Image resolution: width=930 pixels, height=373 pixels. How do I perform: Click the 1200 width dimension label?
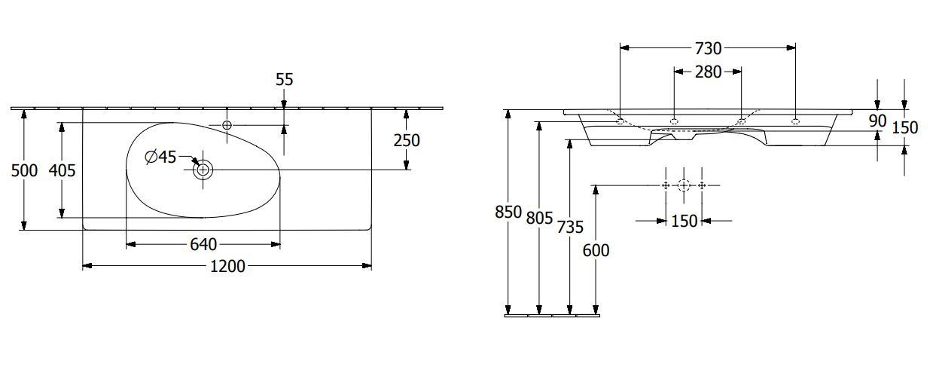tap(227, 266)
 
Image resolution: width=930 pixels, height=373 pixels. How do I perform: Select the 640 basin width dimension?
tap(203, 245)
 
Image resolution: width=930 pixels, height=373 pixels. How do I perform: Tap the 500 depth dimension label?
tap(24, 171)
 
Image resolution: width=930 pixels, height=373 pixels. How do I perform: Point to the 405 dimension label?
tap(62, 171)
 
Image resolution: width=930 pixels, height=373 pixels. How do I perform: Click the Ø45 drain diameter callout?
tap(160, 157)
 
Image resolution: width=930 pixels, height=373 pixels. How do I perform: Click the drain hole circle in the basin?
tap(203, 170)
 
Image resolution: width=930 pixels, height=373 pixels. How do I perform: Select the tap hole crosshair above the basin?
tap(227, 124)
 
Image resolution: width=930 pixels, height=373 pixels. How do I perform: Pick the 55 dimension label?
tap(285, 79)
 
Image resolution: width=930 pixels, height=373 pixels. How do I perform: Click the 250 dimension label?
tap(407, 140)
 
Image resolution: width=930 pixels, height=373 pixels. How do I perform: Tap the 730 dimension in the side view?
tap(709, 48)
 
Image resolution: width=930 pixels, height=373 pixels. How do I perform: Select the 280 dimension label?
tap(709, 72)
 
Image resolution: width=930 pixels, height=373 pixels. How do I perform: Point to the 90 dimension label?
tap(878, 121)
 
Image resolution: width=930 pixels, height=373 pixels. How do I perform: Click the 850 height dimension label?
tap(508, 212)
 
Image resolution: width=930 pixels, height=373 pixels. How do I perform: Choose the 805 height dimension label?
tap(539, 218)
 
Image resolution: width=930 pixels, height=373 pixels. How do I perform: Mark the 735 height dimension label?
tap(570, 228)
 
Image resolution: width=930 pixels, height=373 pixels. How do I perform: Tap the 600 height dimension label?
tap(596, 250)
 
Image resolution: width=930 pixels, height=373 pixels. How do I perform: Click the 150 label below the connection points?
tap(685, 221)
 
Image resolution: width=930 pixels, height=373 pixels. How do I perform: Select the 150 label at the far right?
tap(905, 127)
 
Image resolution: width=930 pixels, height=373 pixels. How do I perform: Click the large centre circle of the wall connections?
tap(684, 185)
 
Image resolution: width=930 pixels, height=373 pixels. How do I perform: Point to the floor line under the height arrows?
tap(552, 316)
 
